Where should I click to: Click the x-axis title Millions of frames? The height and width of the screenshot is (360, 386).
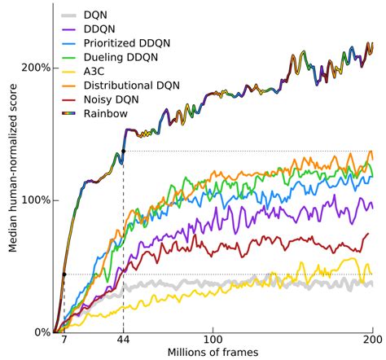pos(213,353)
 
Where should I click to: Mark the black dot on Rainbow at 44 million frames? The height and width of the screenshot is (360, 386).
pos(122,151)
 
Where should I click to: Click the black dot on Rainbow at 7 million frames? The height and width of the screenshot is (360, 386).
pos(64,274)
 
